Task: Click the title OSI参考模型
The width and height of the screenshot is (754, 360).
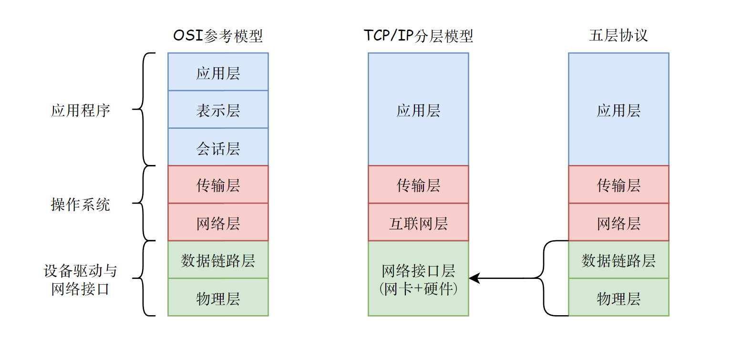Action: pyautogui.click(x=218, y=36)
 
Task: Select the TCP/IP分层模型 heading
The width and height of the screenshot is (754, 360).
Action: pyautogui.click(x=418, y=36)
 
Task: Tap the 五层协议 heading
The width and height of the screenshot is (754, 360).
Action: pyautogui.click(x=618, y=36)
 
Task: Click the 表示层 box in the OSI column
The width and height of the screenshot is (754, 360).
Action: pyautogui.click(x=218, y=110)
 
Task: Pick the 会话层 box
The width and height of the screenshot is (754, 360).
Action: pyautogui.click(x=218, y=148)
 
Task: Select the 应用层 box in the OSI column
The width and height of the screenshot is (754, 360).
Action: pyautogui.click(x=218, y=72)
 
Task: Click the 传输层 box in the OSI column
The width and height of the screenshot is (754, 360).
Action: pyautogui.click(x=218, y=185)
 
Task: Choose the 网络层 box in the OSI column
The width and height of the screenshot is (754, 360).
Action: pyautogui.click(x=218, y=223)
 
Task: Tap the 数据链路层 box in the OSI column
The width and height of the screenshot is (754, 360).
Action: pyautogui.click(x=218, y=260)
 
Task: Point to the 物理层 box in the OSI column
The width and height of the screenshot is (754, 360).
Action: pyautogui.click(x=218, y=298)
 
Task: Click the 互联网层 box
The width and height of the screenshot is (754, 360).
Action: pyautogui.click(x=418, y=223)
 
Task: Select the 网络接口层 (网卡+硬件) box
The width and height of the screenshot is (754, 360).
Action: pyautogui.click(x=418, y=279)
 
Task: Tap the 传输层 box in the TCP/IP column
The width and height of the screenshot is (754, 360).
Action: pyautogui.click(x=418, y=185)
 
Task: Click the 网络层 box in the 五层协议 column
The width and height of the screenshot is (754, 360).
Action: pyautogui.click(x=619, y=223)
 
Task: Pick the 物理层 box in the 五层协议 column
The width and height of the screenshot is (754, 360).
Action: pyautogui.click(x=619, y=298)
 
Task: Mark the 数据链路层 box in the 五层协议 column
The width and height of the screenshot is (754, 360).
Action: pyautogui.click(x=619, y=260)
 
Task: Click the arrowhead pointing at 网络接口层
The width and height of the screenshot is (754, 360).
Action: pyautogui.click(x=474, y=278)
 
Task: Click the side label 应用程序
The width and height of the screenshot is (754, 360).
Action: pyautogui.click(x=81, y=110)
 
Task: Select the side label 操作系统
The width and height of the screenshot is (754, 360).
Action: pyautogui.click(x=81, y=204)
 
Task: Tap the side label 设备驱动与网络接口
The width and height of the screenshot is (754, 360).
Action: pyautogui.click(x=81, y=279)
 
